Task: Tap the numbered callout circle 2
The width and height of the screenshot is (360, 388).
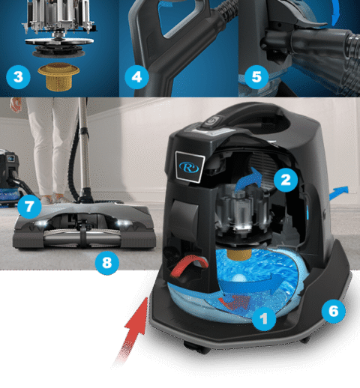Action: (283, 178)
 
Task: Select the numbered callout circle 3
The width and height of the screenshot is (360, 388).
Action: (16, 76)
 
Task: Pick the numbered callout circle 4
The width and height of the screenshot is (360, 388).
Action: (138, 76)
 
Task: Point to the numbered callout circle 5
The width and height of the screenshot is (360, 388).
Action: (256, 76)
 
